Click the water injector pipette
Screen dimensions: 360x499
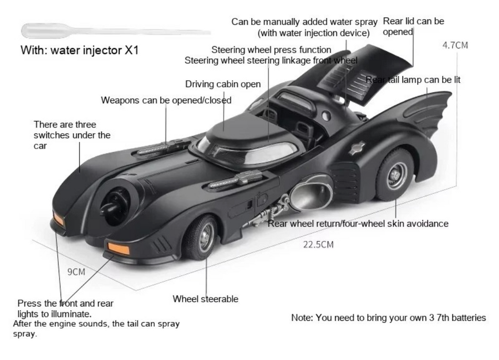[x=100, y=31]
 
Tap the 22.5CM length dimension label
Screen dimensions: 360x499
[x=318, y=244]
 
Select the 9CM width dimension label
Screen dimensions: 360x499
[x=76, y=272]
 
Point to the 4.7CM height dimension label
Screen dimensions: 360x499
[x=455, y=45]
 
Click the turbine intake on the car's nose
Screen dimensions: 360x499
[x=115, y=204]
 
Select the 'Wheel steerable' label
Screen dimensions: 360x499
[x=205, y=299]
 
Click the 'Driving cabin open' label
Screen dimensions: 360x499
[x=223, y=84]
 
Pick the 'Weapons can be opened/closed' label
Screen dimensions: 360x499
[x=166, y=100]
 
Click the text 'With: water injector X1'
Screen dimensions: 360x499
[x=79, y=50]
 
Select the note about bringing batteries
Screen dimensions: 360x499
[x=388, y=318]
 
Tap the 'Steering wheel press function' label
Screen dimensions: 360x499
[x=271, y=50]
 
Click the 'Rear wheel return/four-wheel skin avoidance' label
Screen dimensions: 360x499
[x=358, y=223]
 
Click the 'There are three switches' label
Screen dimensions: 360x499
[x=72, y=135]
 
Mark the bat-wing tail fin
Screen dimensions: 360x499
[x=429, y=110]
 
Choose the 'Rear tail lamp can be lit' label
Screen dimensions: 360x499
[x=413, y=80]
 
